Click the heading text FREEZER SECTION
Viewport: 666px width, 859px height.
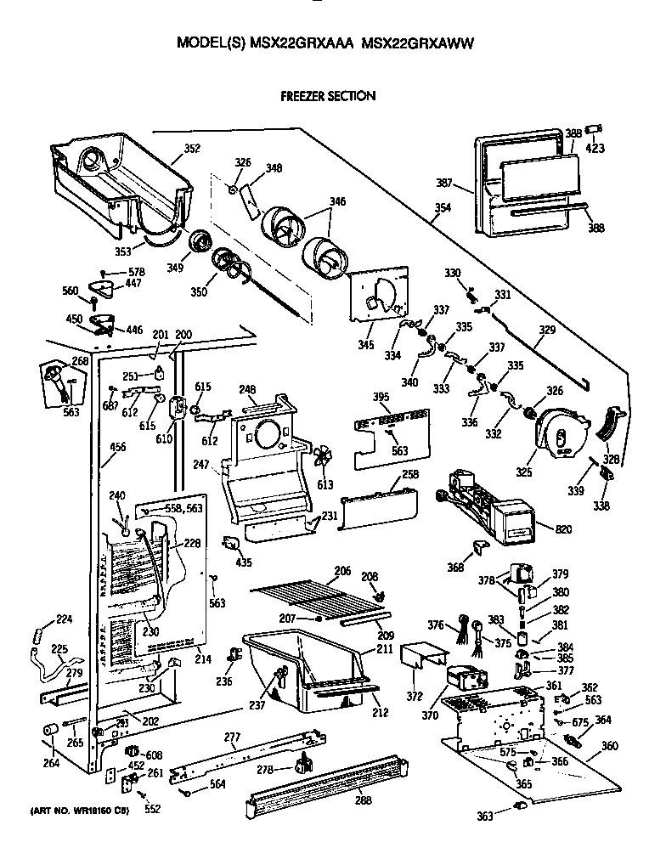(x=328, y=96)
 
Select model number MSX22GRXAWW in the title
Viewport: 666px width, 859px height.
(x=417, y=42)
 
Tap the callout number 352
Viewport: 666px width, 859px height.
(x=192, y=149)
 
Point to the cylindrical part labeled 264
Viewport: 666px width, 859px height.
(x=50, y=732)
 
